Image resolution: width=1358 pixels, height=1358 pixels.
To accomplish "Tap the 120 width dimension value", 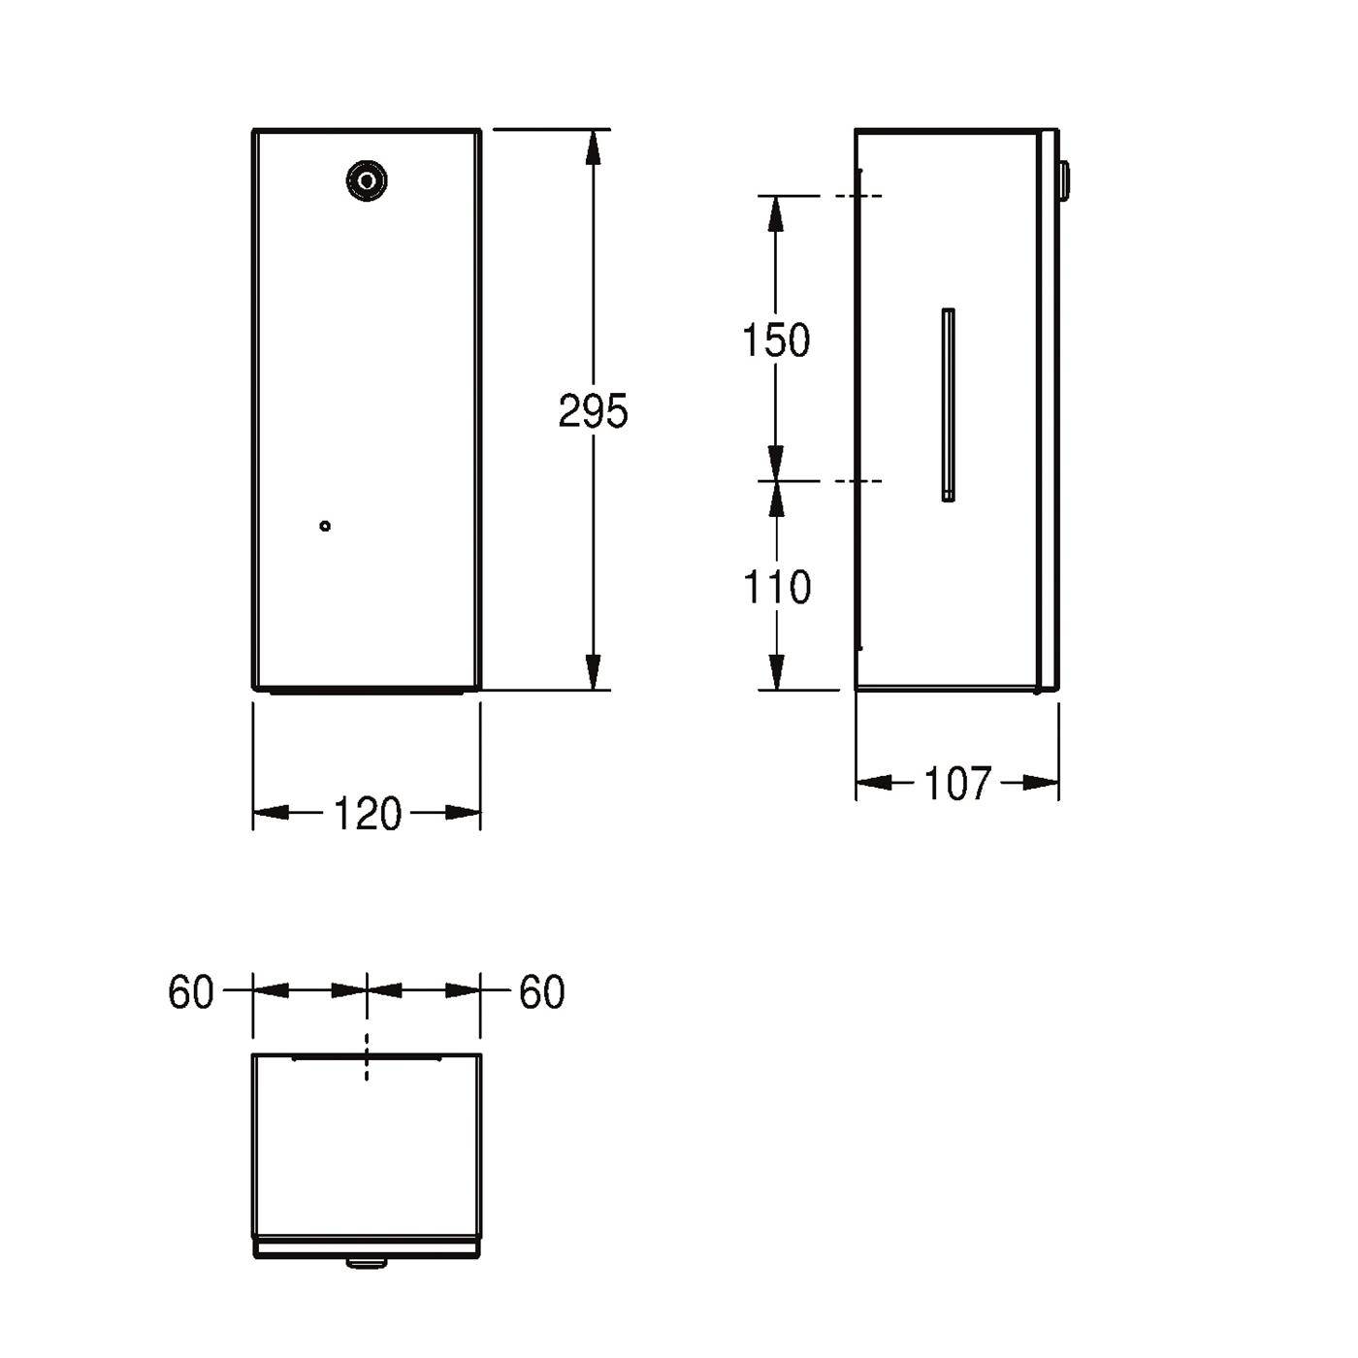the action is point(368,813).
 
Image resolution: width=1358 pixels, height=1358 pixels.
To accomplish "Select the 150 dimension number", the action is point(776,340).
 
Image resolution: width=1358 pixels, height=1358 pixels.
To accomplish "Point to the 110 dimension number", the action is point(777,587).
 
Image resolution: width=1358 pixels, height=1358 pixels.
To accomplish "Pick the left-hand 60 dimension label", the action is point(190,992).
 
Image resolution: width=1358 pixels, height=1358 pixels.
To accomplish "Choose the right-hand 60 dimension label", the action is point(542,992).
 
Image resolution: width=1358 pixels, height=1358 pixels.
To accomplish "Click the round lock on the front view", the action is point(367,181).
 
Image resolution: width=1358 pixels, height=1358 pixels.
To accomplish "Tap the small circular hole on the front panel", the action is point(325,526).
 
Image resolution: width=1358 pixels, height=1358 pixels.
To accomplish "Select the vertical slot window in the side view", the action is point(949,404).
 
